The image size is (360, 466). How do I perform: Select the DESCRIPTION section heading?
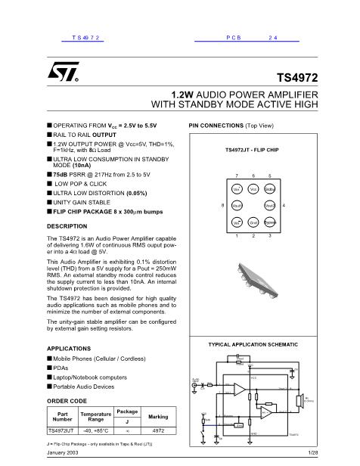67,226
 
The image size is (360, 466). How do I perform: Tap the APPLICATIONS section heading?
69,348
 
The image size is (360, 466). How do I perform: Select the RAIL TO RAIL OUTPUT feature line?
84,133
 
